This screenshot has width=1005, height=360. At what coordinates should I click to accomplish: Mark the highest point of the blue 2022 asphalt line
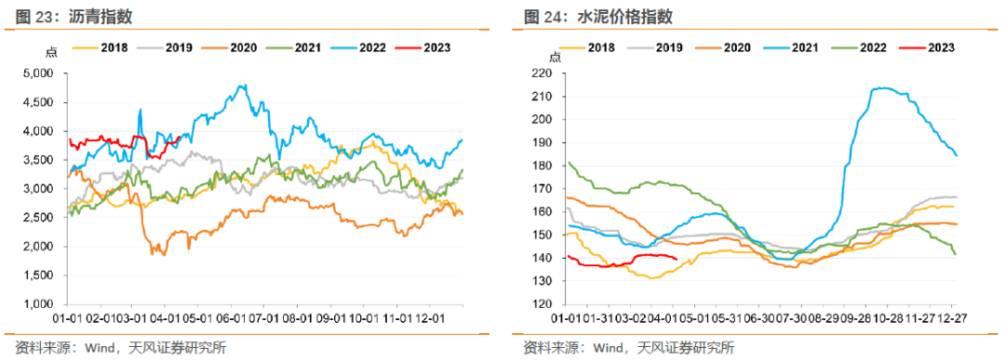(x=243, y=86)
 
